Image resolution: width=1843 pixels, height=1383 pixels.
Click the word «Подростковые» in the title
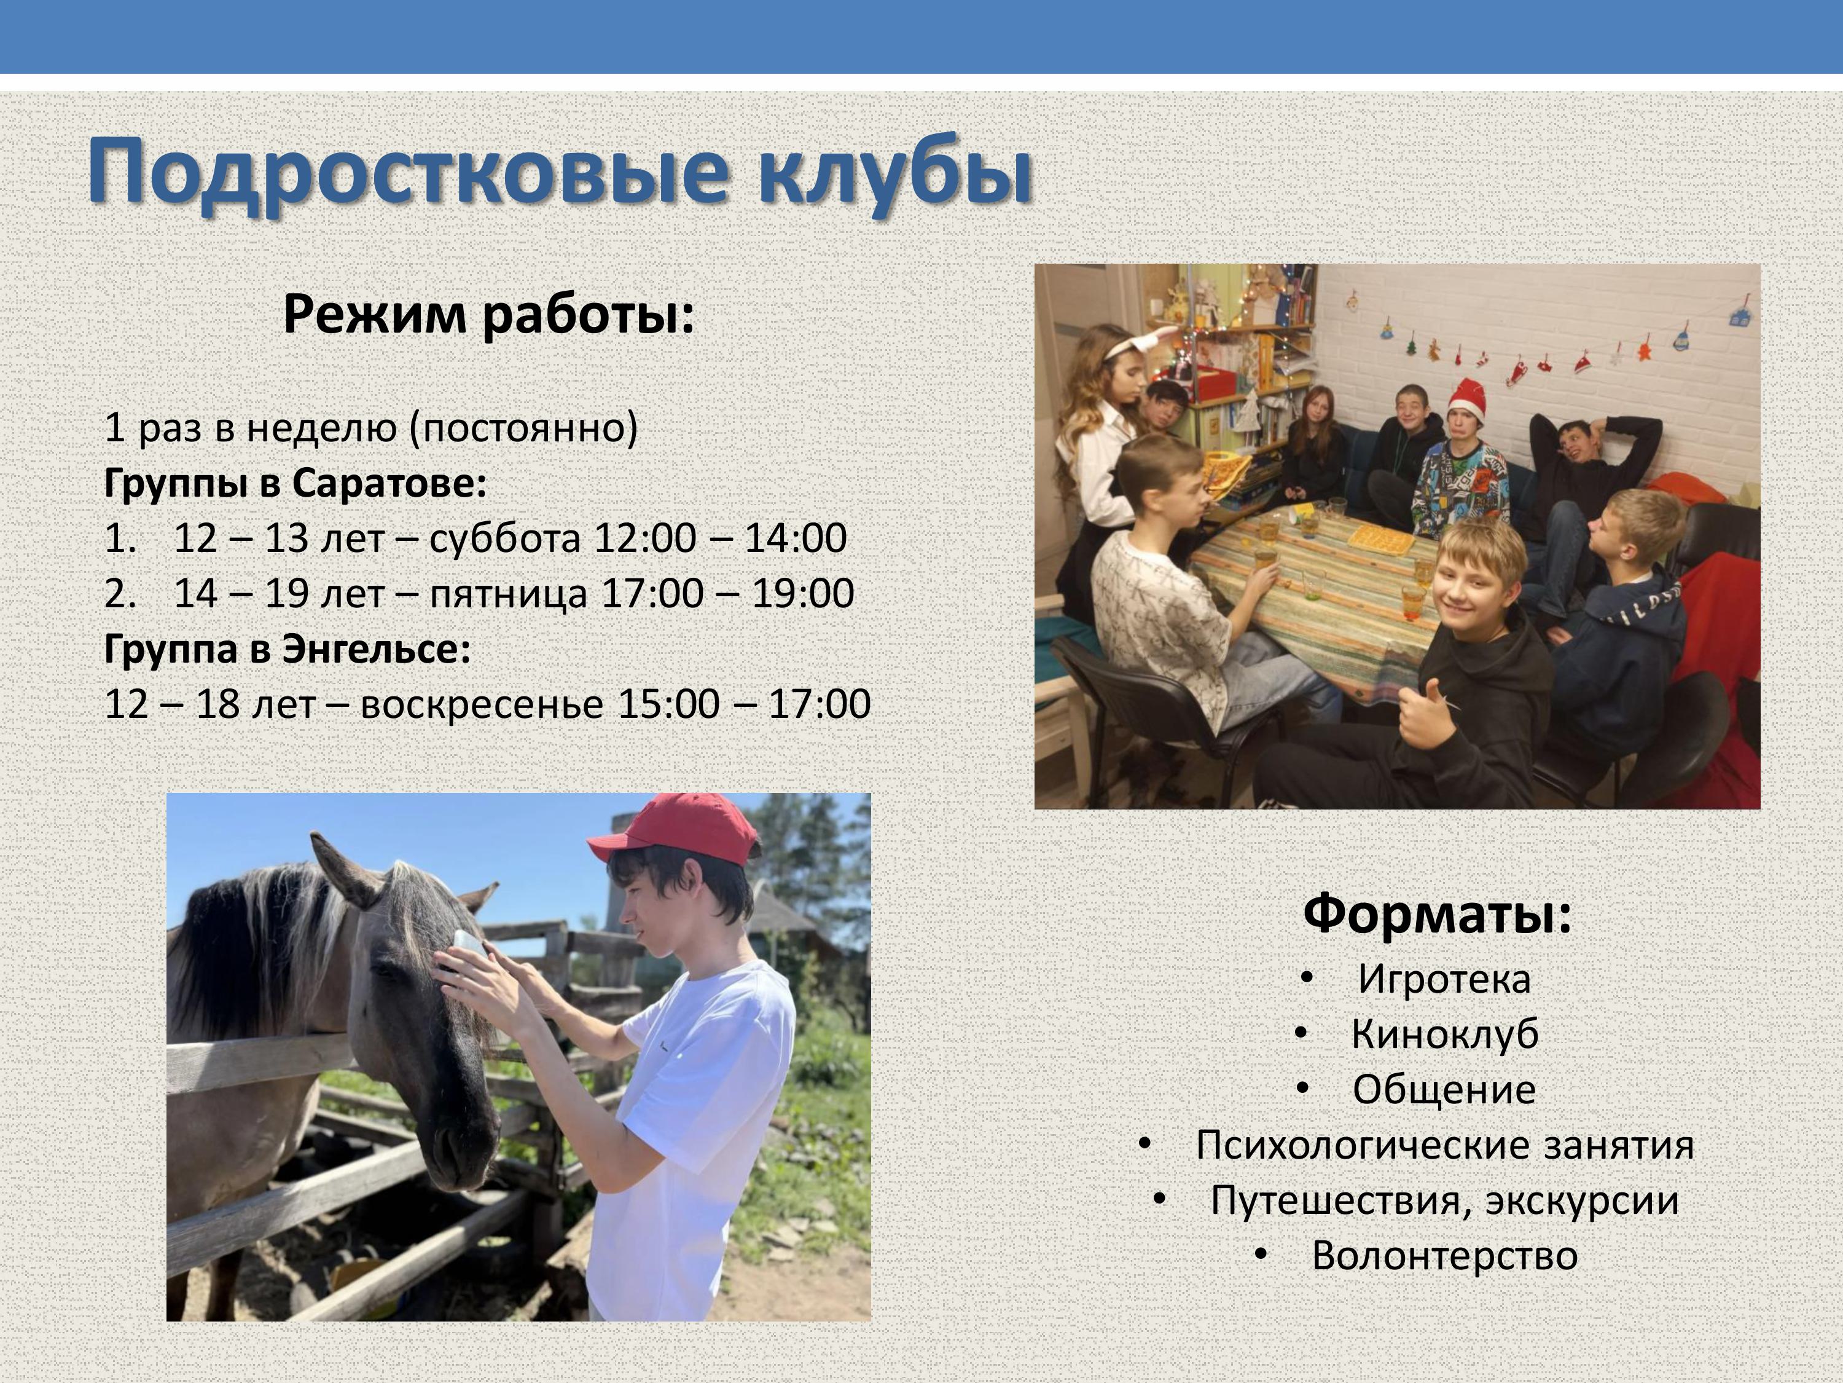point(409,173)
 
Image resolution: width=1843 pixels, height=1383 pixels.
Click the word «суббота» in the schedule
point(505,538)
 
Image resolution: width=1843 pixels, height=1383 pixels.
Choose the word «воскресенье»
point(482,704)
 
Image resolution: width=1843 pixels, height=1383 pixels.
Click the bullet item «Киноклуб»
point(1444,1034)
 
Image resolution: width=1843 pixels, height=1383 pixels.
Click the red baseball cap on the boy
point(675,829)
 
